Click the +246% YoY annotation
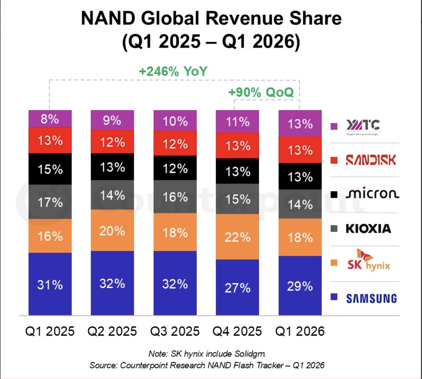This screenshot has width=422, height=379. [173, 71]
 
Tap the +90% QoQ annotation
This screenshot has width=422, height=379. [261, 92]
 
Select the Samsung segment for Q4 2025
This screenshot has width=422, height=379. [237, 287]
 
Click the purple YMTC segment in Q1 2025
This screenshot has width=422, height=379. [50, 119]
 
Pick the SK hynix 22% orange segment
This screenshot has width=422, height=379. [237, 237]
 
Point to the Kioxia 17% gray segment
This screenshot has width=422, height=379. [50, 202]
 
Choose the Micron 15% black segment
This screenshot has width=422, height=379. [50, 169]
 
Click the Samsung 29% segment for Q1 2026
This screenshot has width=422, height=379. [300, 285]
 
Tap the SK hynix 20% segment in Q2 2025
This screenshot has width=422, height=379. [112, 230]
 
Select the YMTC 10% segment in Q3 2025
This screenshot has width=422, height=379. [175, 121]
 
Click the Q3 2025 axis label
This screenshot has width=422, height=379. [175, 331]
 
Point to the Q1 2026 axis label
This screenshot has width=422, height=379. [300, 331]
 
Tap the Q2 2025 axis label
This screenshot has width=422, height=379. [112, 331]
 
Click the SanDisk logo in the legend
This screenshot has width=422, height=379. [371, 160]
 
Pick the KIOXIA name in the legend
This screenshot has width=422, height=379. [369, 228]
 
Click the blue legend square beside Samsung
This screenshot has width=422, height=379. [334, 297]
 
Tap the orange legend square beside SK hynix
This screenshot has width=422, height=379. [334, 262]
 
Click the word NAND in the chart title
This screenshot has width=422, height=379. [108, 19]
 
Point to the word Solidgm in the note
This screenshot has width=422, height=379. [250, 354]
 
